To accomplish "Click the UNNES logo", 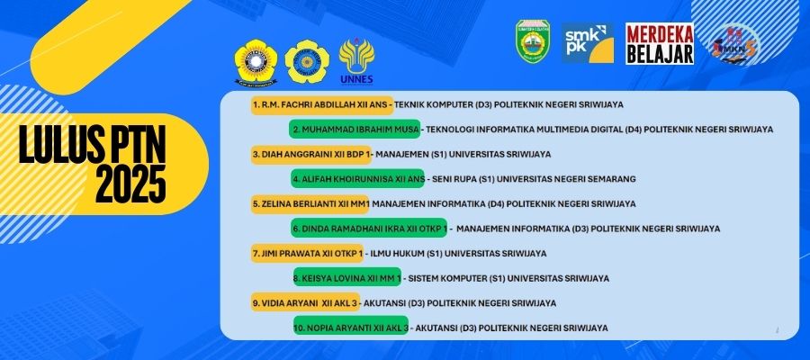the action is [356, 61].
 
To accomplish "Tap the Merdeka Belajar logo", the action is [660, 43].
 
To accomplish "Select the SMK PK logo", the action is [588, 43].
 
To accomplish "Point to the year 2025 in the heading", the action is [130, 184].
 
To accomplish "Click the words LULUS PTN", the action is [93, 145].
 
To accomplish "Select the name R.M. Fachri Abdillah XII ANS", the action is [322, 104].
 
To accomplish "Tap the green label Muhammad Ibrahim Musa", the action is [355, 129].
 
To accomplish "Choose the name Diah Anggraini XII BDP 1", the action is [311, 155].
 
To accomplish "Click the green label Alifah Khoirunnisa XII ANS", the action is [357, 179].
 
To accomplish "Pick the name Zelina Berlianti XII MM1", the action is [310, 204].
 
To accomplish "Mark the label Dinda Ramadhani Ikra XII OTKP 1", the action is [369, 229].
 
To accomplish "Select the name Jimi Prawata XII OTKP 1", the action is [308, 254].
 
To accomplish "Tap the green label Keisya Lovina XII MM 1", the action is [347, 278].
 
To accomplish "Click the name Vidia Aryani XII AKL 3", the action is [305, 303].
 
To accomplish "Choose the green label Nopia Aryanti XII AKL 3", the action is [351, 328].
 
